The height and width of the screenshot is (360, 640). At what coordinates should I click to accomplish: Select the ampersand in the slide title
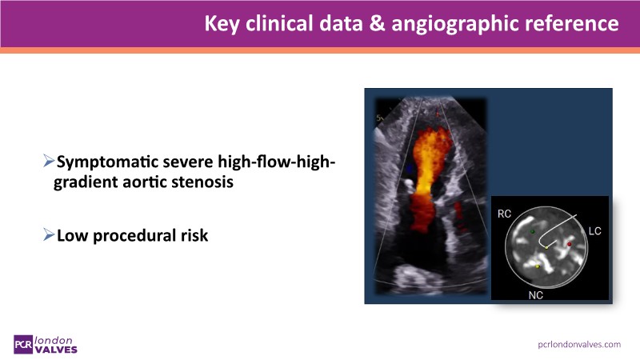[377, 23]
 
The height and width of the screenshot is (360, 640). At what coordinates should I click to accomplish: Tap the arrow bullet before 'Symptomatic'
[49, 161]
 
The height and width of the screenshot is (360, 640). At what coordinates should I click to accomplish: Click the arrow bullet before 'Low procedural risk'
[49, 234]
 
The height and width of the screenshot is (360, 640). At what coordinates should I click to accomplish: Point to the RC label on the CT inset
[504, 214]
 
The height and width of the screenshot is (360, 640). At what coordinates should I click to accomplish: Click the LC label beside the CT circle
[594, 231]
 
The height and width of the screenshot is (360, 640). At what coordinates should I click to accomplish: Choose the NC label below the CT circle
[535, 295]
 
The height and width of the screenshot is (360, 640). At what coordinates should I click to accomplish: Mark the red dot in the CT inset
[570, 244]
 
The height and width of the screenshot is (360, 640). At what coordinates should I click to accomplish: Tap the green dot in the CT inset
[532, 231]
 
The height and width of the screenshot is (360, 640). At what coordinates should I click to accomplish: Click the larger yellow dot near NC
[538, 266]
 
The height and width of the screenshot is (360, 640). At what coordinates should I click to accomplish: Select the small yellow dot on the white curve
[546, 247]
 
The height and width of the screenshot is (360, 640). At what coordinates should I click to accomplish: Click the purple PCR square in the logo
[23, 345]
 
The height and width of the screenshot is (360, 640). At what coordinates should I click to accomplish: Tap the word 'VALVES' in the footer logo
[56, 350]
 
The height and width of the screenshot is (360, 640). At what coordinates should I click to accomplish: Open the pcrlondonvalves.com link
[579, 344]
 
